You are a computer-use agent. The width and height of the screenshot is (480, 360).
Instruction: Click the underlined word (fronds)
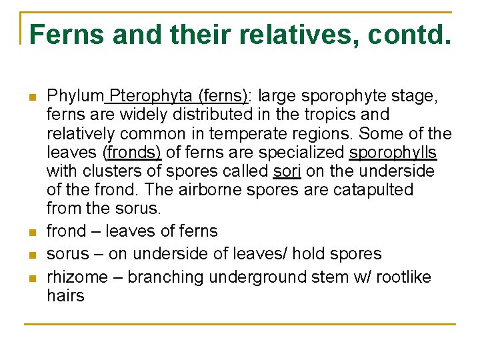tap(132, 153)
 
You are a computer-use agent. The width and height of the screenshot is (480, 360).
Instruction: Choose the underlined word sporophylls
tap(393, 153)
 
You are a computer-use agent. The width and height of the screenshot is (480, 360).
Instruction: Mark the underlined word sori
tap(287, 171)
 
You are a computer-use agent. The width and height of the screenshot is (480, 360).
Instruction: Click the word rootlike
tap(403, 277)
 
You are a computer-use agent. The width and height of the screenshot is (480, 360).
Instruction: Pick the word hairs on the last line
tap(65, 295)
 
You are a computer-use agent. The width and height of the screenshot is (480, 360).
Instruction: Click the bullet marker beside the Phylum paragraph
tap(31, 97)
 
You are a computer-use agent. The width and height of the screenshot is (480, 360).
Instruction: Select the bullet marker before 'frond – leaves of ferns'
tap(31, 233)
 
